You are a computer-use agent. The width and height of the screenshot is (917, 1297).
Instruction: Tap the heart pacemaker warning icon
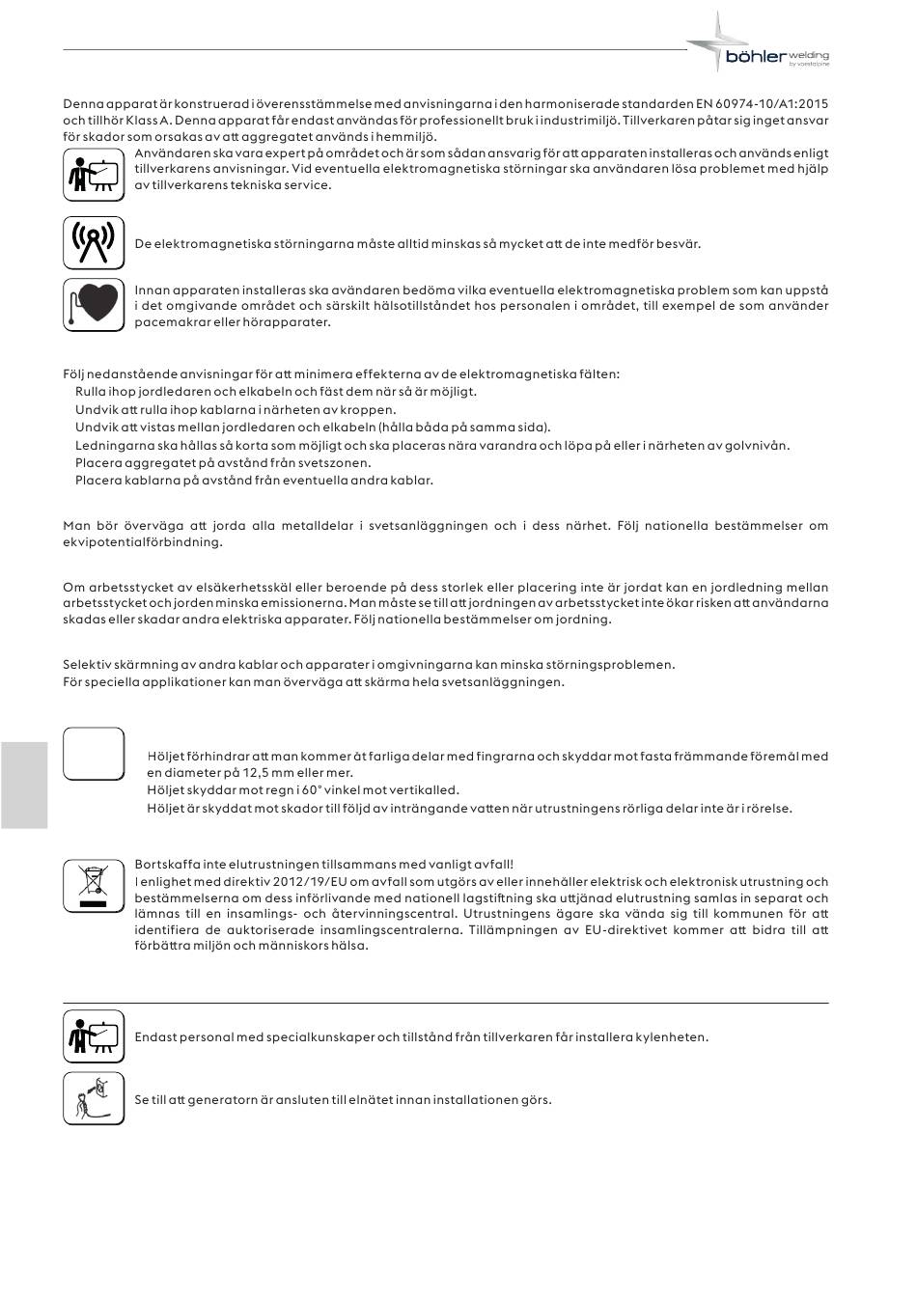(x=94, y=305)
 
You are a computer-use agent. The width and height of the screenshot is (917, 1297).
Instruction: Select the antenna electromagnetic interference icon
(x=94, y=242)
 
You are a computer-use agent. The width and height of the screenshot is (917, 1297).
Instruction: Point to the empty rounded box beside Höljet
(x=94, y=754)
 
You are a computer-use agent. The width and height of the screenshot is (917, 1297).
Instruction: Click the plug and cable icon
(x=94, y=1098)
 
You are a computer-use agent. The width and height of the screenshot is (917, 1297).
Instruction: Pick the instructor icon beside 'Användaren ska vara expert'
(x=94, y=173)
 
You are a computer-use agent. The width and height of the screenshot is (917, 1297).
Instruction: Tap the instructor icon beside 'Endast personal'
(x=94, y=1036)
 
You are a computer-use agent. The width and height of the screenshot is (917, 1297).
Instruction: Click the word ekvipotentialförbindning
(x=143, y=542)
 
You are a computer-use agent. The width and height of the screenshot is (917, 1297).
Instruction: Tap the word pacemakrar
(x=168, y=322)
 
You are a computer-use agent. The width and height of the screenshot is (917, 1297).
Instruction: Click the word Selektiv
(x=86, y=665)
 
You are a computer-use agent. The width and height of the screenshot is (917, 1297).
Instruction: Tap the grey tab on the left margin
(x=24, y=785)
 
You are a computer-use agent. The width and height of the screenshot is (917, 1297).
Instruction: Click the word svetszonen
(x=337, y=463)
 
